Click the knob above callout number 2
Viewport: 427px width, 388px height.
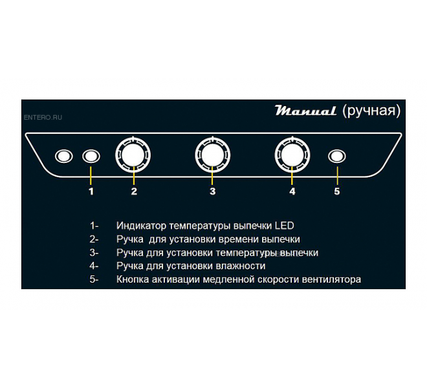[x=133, y=155]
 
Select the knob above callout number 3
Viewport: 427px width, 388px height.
[x=213, y=155]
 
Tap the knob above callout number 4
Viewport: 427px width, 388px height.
[x=292, y=155]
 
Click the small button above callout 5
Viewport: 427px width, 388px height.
[x=337, y=156]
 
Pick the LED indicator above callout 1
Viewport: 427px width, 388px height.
[x=91, y=156]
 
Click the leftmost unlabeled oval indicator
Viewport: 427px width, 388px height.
[x=64, y=156]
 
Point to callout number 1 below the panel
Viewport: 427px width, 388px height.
[x=91, y=191]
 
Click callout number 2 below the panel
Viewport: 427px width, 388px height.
[x=134, y=191]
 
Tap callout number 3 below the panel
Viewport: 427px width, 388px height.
[x=213, y=191]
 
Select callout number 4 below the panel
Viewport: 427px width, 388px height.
[x=292, y=191]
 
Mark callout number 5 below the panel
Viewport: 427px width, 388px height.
[x=337, y=191]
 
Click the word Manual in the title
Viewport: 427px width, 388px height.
[x=305, y=111]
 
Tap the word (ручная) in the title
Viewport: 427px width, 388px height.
[x=371, y=111]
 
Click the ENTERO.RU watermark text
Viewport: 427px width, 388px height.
[x=43, y=117]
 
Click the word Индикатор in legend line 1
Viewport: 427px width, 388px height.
[x=141, y=226]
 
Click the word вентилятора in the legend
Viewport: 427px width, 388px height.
[x=331, y=279]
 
